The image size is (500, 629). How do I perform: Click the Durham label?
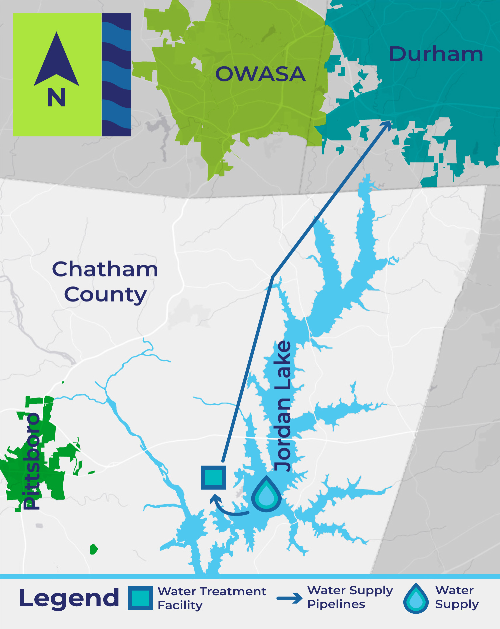pyautogui.click(x=436, y=54)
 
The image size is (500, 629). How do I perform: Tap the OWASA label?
pyautogui.click(x=260, y=74)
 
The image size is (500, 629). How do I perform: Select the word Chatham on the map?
pyautogui.click(x=105, y=269)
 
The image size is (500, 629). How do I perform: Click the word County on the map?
pyautogui.click(x=105, y=294)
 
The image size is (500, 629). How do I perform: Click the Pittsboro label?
pyautogui.click(x=31, y=461)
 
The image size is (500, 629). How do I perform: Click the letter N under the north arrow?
pyautogui.click(x=56, y=98)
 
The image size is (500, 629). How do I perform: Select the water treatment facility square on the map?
pyautogui.click(x=213, y=478)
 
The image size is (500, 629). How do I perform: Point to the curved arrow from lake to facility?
pyautogui.click(x=227, y=507)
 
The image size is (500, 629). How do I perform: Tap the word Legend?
pyautogui.click(x=69, y=598)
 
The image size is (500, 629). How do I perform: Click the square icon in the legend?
pyautogui.click(x=140, y=598)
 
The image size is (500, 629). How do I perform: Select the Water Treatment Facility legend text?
pyautogui.click(x=212, y=598)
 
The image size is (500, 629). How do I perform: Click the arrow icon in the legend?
pyautogui.click(x=289, y=598)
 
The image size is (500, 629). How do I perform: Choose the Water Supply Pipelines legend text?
pyautogui.click(x=350, y=597)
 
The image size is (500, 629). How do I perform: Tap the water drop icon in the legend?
pyautogui.click(x=416, y=598)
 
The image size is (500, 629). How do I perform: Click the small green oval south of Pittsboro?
pyautogui.click(x=94, y=549)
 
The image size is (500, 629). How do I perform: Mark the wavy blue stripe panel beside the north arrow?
pyautogui.click(x=116, y=75)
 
